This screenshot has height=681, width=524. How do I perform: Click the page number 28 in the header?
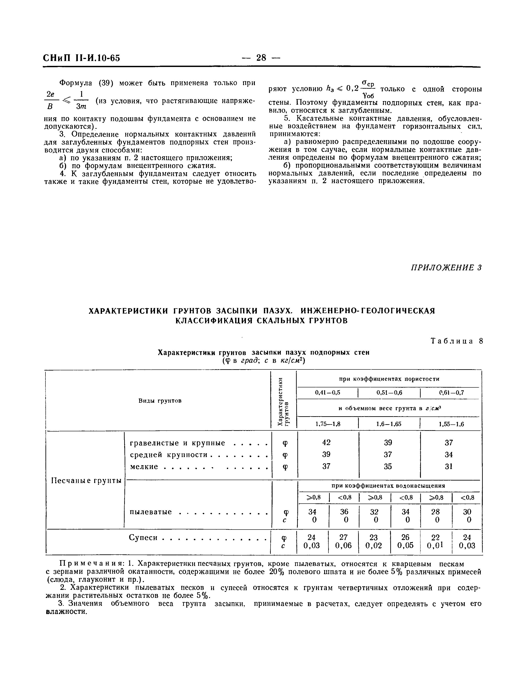(261, 58)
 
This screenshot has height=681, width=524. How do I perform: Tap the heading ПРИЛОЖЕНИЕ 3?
(446, 267)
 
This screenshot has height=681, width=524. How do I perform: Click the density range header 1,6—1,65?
(389, 424)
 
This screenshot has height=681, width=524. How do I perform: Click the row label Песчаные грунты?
(86, 481)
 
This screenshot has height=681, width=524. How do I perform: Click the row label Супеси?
(143, 538)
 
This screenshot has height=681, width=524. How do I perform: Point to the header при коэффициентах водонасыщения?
(388, 485)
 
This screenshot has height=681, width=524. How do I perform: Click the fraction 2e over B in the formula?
(50, 100)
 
